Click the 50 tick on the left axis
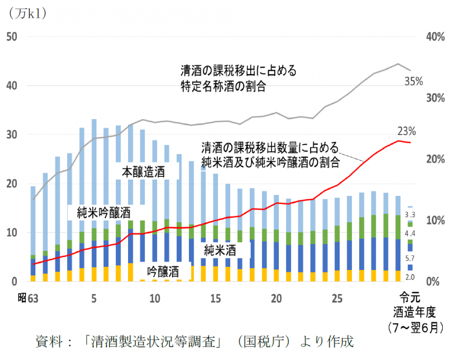12,37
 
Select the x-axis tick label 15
215,299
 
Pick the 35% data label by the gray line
413,82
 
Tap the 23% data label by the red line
407,131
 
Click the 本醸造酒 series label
143,172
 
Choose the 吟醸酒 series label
162,272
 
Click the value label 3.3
410,214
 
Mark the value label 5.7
410,258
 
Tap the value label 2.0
410,277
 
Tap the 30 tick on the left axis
12,134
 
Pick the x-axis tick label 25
337,299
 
